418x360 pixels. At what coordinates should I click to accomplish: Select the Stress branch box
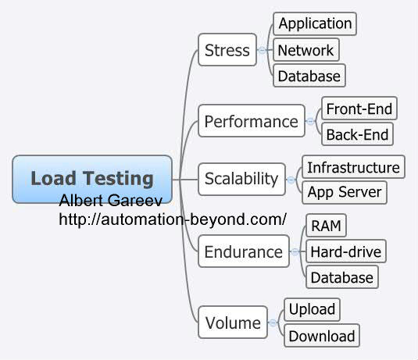[x=227, y=50]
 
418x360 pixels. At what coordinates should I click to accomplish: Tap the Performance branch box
[x=251, y=121]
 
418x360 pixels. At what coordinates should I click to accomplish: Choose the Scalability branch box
[x=241, y=178]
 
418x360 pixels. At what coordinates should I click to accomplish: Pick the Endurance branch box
[x=243, y=251]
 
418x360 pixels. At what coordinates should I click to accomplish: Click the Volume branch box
[x=232, y=322]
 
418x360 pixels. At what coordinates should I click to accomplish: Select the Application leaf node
[x=315, y=23]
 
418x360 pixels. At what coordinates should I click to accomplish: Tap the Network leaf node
[x=305, y=50]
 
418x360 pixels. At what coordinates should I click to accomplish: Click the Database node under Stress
[x=309, y=76]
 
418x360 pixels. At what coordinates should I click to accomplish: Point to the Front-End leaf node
[x=359, y=108]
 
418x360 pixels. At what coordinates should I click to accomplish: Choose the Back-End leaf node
[x=356, y=134]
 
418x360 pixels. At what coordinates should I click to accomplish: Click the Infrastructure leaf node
[x=353, y=166]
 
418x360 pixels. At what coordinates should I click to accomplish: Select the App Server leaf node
[x=344, y=191]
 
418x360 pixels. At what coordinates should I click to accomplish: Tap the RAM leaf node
[x=325, y=226]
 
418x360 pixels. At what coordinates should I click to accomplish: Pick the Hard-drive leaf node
[x=345, y=251]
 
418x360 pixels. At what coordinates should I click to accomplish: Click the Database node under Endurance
[x=342, y=277]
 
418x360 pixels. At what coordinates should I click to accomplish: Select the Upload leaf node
[x=312, y=309]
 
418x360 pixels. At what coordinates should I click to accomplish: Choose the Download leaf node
[x=321, y=336]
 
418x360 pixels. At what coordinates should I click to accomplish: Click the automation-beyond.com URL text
[x=173, y=219]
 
